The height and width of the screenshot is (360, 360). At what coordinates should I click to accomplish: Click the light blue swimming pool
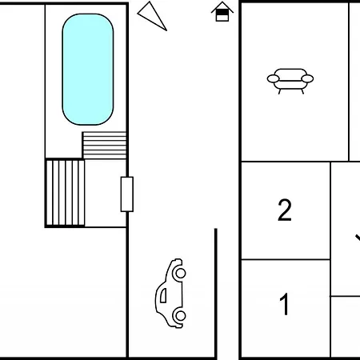tap(88, 70)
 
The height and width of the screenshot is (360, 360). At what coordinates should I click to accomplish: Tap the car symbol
tap(170, 293)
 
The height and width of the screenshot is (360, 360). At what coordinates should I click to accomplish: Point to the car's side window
tap(163, 295)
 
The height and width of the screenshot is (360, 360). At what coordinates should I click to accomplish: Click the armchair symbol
tap(290, 81)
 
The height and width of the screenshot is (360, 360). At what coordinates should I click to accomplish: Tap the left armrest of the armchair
tap(273, 78)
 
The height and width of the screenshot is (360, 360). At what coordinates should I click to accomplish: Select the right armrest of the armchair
tap(307, 78)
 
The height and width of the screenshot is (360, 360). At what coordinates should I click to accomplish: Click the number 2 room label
tap(285, 210)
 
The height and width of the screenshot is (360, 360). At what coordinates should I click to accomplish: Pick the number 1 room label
tap(285, 304)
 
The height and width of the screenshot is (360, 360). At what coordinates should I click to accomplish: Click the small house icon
tap(222, 11)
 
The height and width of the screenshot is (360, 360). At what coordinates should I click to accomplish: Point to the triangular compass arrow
tap(152, 16)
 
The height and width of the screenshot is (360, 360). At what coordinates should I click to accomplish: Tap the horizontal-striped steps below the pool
tap(104, 146)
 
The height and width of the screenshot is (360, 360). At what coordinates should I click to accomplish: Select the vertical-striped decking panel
tap(66, 193)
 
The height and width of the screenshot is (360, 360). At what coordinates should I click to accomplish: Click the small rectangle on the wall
tap(127, 194)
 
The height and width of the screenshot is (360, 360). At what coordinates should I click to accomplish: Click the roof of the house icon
tap(222, 6)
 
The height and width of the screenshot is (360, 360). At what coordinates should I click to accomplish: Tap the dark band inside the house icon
tap(222, 13)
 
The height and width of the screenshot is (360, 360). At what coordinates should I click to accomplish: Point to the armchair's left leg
tap(279, 91)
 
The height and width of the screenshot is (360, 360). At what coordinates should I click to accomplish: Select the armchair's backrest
tap(290, 74)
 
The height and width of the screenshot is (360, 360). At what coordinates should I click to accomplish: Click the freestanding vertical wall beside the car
tap(216, 293)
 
